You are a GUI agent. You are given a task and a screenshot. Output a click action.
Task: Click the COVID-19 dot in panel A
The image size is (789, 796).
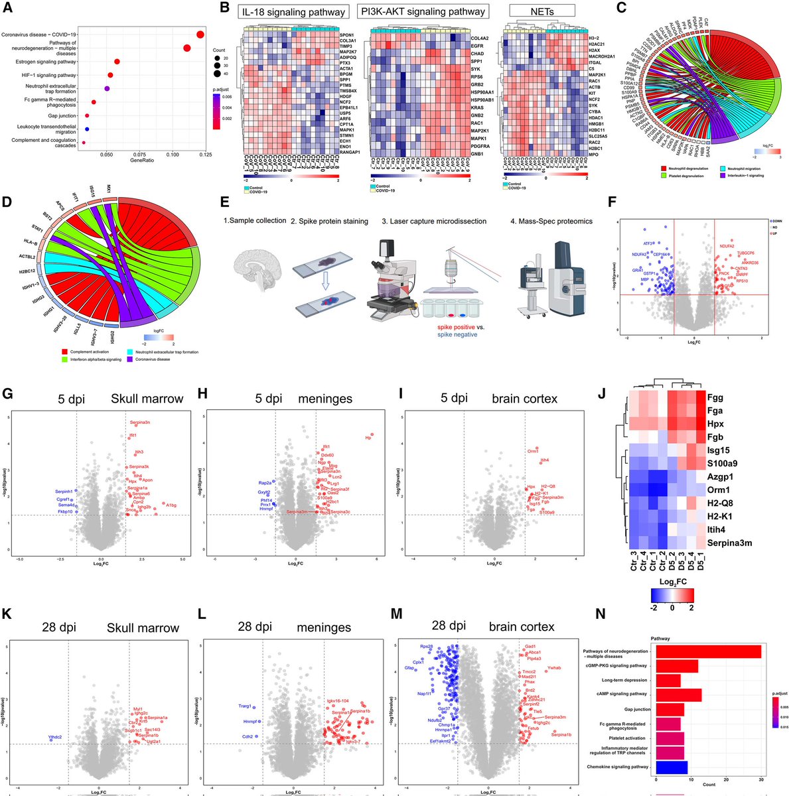(200, 34)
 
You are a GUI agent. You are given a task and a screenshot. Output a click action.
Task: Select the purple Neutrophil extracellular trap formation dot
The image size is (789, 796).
(107, 88)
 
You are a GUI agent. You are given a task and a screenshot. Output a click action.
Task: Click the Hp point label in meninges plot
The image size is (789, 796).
(368, 438)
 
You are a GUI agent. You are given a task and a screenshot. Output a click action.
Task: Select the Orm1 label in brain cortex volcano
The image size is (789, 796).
(533, 451)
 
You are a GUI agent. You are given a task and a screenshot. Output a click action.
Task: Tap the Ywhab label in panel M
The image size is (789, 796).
(555, 667)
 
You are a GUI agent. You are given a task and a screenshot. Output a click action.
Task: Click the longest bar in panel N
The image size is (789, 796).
(708, 652)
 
